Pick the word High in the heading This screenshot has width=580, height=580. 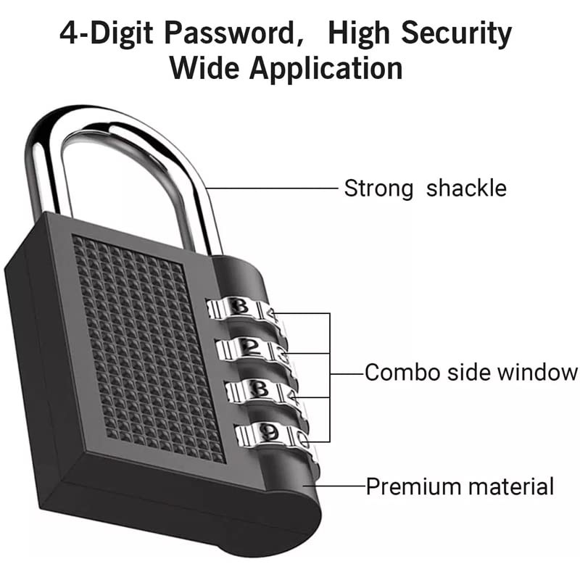(x=355, y=33)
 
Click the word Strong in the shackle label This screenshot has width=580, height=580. (x=379, y=188)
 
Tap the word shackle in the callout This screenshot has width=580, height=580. (x=466, y=188)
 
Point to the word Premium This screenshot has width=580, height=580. (x=410, y=486)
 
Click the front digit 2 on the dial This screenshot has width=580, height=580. (x=249, y=347)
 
